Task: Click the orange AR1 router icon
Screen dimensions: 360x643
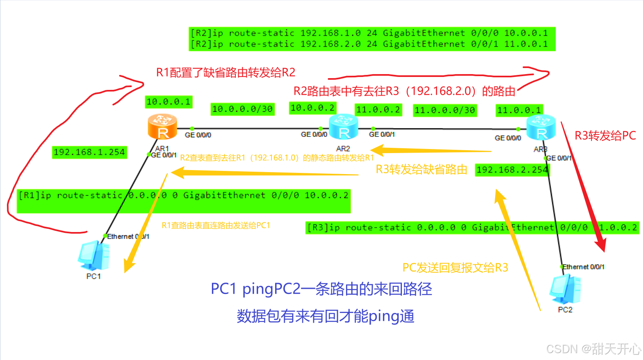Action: (x=162, y=126)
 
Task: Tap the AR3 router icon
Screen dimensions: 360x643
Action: (x=541, y=127)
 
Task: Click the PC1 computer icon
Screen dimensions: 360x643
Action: (x=94, y=256)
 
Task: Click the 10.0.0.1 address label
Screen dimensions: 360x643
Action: (x=169, y=102)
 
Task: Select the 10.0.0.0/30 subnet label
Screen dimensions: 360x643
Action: (x=242, y=109)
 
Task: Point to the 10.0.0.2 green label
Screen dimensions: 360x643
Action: (x=312, y=108)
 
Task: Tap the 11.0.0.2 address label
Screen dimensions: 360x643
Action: (x=378, y=110)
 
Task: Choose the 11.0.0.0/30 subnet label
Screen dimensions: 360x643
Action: (x=444, y=110)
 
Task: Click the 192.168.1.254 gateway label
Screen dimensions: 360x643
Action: (x=89, y=152)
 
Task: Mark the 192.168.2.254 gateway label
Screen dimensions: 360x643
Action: (x=512, y=170)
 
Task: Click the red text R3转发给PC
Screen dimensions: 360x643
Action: (x=605, y=136)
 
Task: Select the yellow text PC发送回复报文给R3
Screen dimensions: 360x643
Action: (x=455, y=268)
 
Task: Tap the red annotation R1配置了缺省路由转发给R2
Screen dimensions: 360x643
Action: (x=226, y=72)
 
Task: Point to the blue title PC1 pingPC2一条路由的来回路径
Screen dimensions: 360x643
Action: (x=321, y=289)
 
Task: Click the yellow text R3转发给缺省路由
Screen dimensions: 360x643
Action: (x=421, y=169)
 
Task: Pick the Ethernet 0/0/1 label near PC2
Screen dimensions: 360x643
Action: (x=583, y=267)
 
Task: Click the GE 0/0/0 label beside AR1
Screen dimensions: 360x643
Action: (x=198, y=135)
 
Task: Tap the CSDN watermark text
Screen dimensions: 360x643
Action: (x=593, y=349)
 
